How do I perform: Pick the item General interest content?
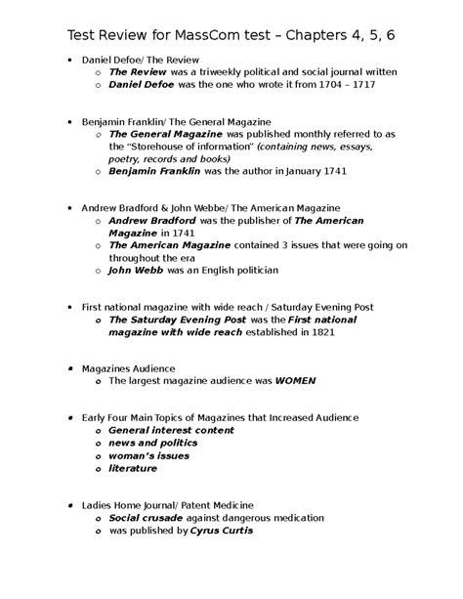171,430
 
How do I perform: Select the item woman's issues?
149,455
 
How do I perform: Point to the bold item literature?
132,468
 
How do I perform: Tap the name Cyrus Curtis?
222,531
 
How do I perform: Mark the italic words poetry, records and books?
170,158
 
